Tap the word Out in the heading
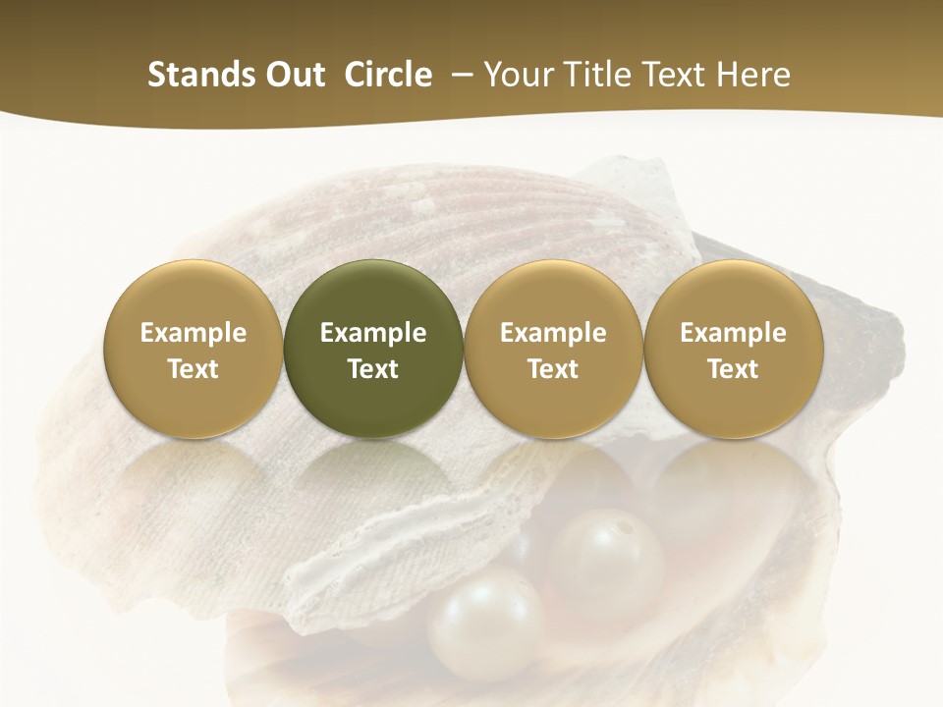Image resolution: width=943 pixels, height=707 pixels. tap(293, 75)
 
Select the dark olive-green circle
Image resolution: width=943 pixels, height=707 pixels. tap(373, 349)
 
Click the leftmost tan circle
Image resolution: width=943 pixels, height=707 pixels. tap(194, 349)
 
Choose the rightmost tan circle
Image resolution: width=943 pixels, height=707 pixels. tap(734, 349)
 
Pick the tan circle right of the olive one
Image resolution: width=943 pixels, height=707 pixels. tap(553, 349)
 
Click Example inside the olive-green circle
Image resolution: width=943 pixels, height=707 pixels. tap(373, 333)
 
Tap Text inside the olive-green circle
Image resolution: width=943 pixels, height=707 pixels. tap(373, 369)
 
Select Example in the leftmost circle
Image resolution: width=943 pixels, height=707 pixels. tap(194, 333)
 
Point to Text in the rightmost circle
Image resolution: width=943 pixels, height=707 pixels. tap(734, 369)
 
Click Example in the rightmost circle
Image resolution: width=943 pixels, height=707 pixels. tap(734, 333)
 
